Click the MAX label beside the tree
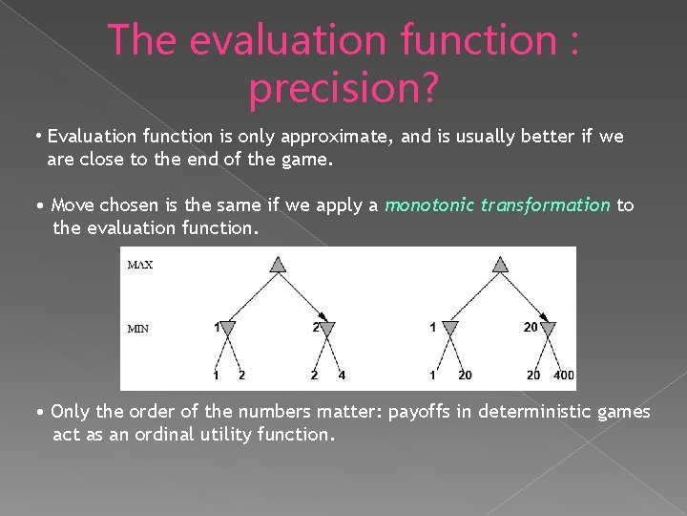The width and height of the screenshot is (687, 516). (x=140, y=265)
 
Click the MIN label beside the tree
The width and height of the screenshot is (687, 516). (x=138, y=329)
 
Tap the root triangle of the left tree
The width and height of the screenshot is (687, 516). (x=277, y=265)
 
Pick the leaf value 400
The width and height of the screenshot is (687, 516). (x=564, y=375)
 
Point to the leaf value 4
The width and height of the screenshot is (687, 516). (x=342, y=375)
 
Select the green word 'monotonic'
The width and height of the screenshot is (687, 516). (x=430, y=204)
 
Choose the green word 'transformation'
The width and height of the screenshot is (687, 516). (x=546, y=204)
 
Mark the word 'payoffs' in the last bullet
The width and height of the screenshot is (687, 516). (x=417, y=412)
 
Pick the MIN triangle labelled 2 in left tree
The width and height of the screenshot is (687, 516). (x=325, y=329)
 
